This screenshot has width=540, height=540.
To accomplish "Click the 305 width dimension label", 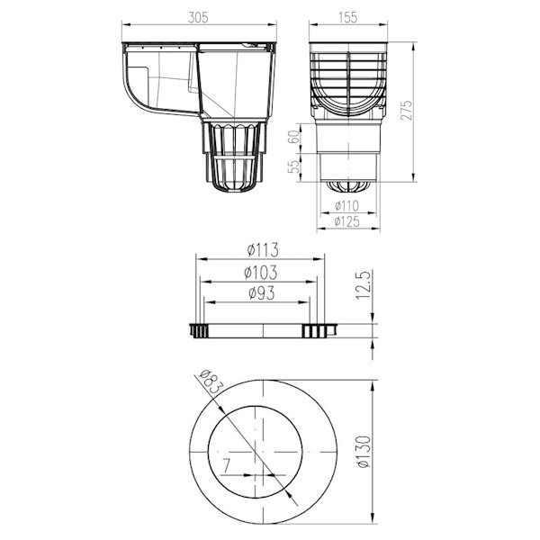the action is [x=198, y=18].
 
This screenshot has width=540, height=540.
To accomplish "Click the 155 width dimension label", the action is [x=347, y=18].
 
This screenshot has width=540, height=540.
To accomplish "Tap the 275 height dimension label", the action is [x=407, y=110].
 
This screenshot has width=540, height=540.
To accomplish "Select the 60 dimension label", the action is [x=293, y=137].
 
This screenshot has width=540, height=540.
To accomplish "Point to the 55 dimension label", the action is [x=293, y=167].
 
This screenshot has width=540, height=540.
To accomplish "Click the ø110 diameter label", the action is [x=347, y=206].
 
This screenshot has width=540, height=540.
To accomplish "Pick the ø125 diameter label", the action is [x=347, y=221].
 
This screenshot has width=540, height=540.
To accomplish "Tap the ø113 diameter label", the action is [x=263, y=250].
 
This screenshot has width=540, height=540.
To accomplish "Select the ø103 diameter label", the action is [x=261, y=273].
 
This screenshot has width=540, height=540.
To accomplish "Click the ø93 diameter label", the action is [x=262, y=293].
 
